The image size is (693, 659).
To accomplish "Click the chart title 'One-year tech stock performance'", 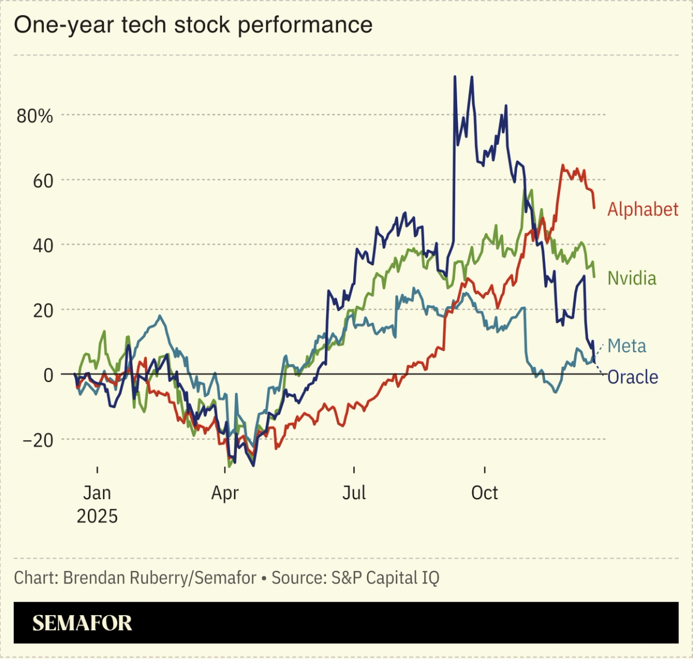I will (193, 25).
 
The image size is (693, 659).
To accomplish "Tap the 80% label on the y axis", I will (35, 116).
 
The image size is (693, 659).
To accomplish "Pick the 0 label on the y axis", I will (48, 375).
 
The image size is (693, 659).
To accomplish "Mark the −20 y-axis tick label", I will (38, 440).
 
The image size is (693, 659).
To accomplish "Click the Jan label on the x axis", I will (97, 493).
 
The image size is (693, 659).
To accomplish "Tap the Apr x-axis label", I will (225, 493).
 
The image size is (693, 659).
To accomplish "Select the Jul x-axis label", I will (354, 493).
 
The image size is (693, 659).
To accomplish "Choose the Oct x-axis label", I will (484, 493).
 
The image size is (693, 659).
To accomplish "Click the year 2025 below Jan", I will (97, 516).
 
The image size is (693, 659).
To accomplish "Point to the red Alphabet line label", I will (642, 209).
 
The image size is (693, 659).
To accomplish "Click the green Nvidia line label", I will (632, 278).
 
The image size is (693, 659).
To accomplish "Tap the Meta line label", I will (627, 346).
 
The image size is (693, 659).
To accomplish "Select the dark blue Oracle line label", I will (632, 378).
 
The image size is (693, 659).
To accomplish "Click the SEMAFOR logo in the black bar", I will (82, 623).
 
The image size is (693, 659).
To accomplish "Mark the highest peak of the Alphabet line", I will (563, 165).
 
